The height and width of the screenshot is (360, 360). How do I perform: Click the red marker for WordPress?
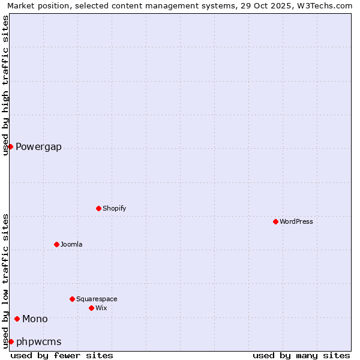coord(275,221)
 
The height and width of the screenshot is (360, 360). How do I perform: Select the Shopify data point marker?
coord(98,208)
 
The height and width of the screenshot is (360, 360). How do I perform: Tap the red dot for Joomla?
coord(56,244)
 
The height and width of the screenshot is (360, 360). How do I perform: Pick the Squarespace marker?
coord(72,299)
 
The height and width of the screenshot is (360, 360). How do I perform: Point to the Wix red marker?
coord(91,308)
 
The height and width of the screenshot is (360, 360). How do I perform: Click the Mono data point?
coord(17,319)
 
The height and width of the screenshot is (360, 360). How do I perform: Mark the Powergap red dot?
coord(10,146)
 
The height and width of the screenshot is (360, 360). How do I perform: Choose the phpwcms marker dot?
coord(11,341)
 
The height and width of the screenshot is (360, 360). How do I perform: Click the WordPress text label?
coord(296,221)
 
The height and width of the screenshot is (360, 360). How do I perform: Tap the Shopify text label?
coord(115,208)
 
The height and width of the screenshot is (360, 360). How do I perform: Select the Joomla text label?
coord(71,244)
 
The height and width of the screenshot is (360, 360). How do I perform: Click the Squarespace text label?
coord(97,299)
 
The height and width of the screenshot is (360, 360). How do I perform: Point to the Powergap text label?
coord(38,147)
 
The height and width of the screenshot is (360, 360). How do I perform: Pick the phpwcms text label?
coord(39,342)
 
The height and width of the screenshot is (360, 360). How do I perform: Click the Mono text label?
coord(35,319)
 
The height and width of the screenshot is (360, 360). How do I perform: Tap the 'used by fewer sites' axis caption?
coord(62,355)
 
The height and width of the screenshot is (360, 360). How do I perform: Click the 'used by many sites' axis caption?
coord(301,355)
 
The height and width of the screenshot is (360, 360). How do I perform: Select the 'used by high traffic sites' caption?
coord(6,85)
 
